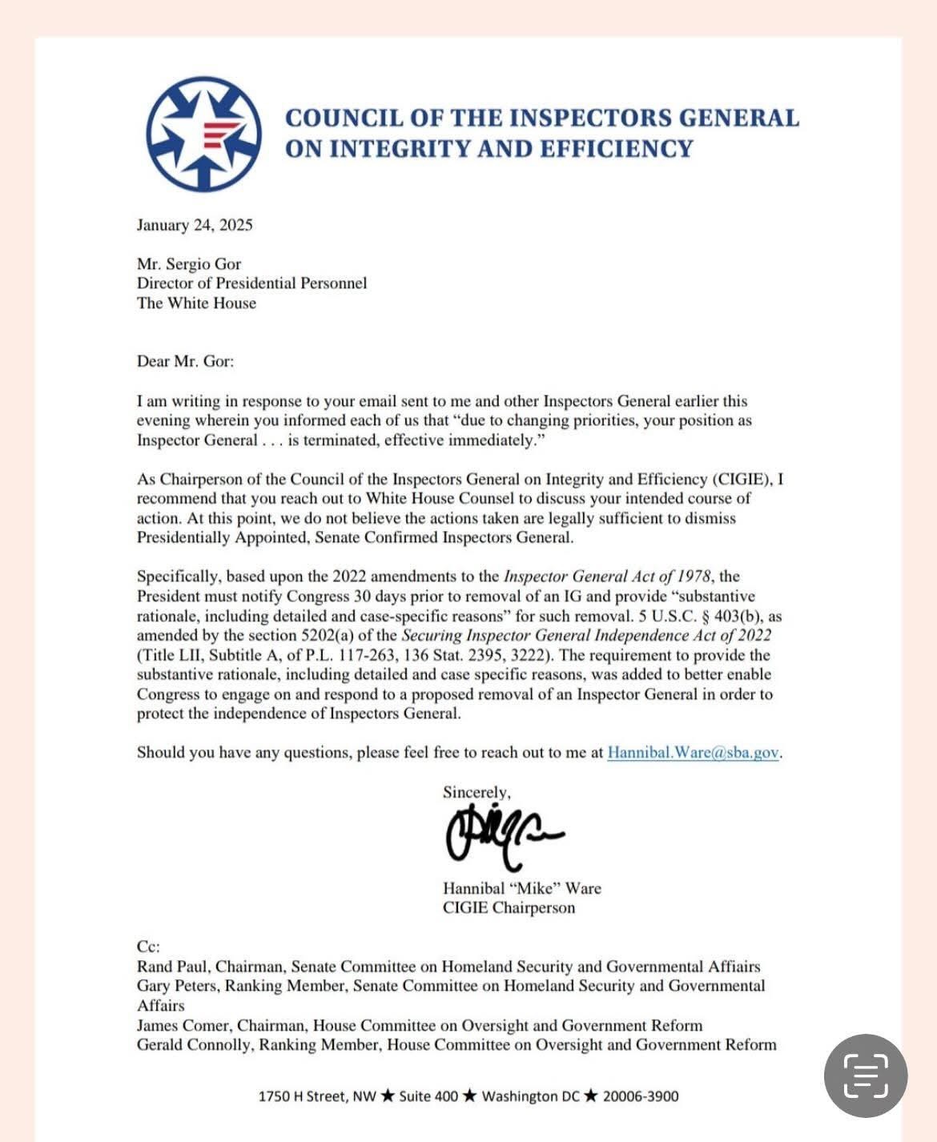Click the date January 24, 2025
coord(195,225)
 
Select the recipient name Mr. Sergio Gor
coord(189,264)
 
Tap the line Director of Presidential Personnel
coord(251,283)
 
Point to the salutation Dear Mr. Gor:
coord(185,361)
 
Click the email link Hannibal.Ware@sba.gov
coord(693,753)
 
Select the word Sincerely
coord(475,792)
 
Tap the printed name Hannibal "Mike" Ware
coord(521,888)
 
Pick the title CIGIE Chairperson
coord(509,908)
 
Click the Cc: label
coord(149,947)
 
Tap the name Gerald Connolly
coord(193,1044)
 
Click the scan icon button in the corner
coord(866,1076)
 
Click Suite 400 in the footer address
coord(428,1096)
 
